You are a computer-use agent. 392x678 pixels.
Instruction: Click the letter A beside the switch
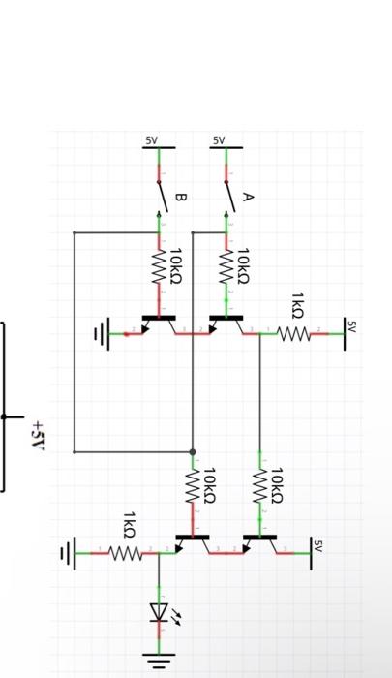tap(247, 197)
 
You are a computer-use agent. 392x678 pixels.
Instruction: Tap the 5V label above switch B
tap(151, 141)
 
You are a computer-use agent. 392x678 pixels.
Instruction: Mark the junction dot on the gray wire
tap(193, 451)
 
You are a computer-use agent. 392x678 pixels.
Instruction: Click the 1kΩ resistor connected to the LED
tap(126, 554)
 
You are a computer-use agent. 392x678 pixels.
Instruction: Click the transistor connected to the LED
tap(193, 542)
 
